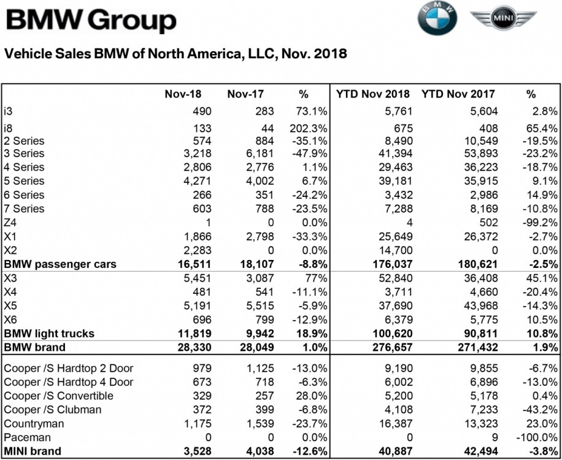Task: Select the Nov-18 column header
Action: [183, 94]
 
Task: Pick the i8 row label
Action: [9, 128]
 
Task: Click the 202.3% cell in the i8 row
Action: [310, 128]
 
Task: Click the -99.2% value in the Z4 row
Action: [541, 223]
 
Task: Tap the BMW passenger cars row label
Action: [60, 264]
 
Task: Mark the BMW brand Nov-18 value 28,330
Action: [192, 347]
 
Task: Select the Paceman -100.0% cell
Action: [537, 437]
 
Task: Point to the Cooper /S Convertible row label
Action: [58, 396]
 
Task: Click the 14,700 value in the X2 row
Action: [395, 250]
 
